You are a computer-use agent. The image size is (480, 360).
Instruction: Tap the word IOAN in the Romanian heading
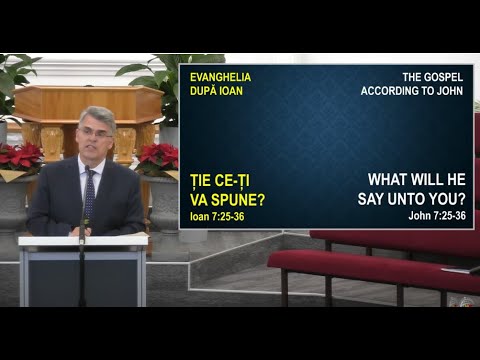(228, 91)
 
